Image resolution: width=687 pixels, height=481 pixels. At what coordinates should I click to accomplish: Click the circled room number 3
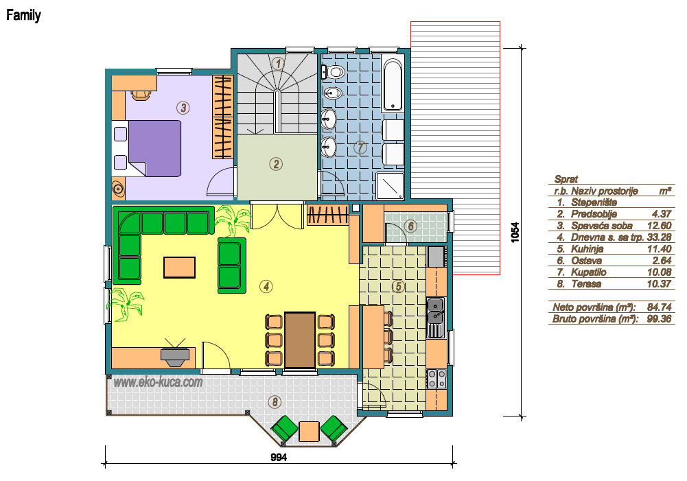183,107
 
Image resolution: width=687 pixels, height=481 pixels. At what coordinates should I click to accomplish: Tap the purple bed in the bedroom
154,148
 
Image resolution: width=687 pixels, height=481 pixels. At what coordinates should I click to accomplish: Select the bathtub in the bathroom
393,84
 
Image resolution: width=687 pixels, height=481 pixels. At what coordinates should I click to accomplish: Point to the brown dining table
300,340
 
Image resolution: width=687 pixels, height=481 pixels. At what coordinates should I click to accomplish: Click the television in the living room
175,352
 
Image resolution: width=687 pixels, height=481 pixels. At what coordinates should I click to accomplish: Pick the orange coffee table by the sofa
179,267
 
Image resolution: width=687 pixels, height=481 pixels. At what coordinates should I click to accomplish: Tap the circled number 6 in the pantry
411,226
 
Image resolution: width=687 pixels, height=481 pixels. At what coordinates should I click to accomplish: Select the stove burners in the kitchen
436,379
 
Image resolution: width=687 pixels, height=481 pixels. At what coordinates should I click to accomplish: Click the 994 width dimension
279,458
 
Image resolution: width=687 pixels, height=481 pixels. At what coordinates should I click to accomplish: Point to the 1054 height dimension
515,232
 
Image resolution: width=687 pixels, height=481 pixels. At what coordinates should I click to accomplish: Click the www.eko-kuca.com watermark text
158,382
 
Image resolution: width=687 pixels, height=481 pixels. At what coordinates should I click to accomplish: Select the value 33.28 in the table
659,237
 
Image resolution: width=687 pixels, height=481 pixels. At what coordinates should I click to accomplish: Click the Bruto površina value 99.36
659,318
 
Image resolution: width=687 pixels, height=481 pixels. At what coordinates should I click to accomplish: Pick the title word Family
23,16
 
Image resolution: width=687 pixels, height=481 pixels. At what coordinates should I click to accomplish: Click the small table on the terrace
310,431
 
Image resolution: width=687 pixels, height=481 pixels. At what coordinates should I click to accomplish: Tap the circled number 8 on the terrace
275,401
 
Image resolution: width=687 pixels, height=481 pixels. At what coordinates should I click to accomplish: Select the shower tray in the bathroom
390,186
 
